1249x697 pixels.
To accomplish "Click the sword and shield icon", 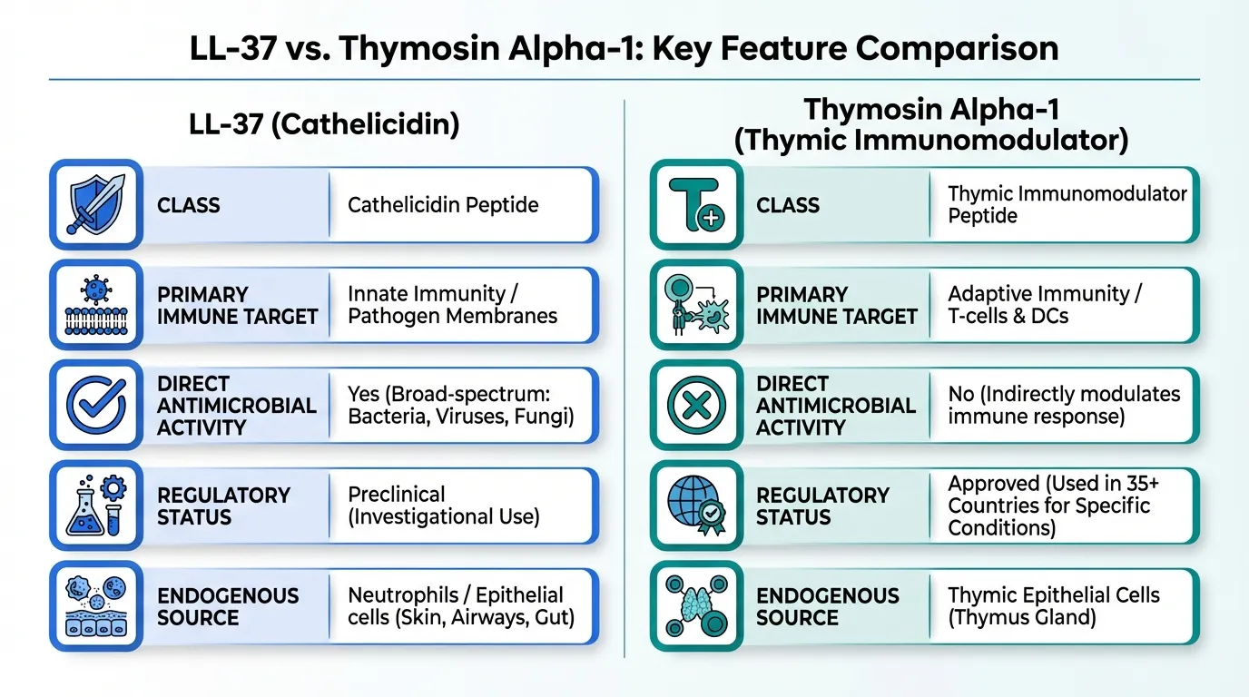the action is click(x=96, y=204).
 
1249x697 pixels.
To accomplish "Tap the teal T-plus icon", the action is click(x=696, y=204).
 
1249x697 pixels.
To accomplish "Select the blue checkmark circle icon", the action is click(x=96, y=405).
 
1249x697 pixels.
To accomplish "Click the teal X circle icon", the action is click(x=696, y=405).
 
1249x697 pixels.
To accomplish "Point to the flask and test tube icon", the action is click(x=96, y=506).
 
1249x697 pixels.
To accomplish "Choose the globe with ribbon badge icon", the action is click(x=696, y=506).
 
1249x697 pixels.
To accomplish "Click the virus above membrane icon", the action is click(x=96, y=304).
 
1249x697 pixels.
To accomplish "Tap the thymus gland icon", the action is click(x=696, y=605).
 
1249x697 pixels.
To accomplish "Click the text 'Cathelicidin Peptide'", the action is click(x=443, y=204).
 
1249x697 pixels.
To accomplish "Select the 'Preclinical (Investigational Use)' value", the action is click(x=444, y=506).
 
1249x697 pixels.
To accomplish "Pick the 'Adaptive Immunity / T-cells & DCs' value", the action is click(x=1045, y=304).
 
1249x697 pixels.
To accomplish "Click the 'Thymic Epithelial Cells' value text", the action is click(x=1054, y=595).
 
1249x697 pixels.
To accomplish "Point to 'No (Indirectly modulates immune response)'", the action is click(x=1064, y=405).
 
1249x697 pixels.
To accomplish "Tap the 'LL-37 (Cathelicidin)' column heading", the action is click(x=324, y=123).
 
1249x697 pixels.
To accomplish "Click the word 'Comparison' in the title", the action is click(x=957, y=48).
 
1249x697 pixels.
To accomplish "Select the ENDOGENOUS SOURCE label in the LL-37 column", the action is click(x=228, y=606).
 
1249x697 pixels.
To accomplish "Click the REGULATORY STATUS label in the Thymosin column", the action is click(x=822, y=506).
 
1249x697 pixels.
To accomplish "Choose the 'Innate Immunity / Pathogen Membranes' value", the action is click(x=452, y=304).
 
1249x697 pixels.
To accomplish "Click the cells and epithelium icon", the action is click(x=96, y=605).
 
